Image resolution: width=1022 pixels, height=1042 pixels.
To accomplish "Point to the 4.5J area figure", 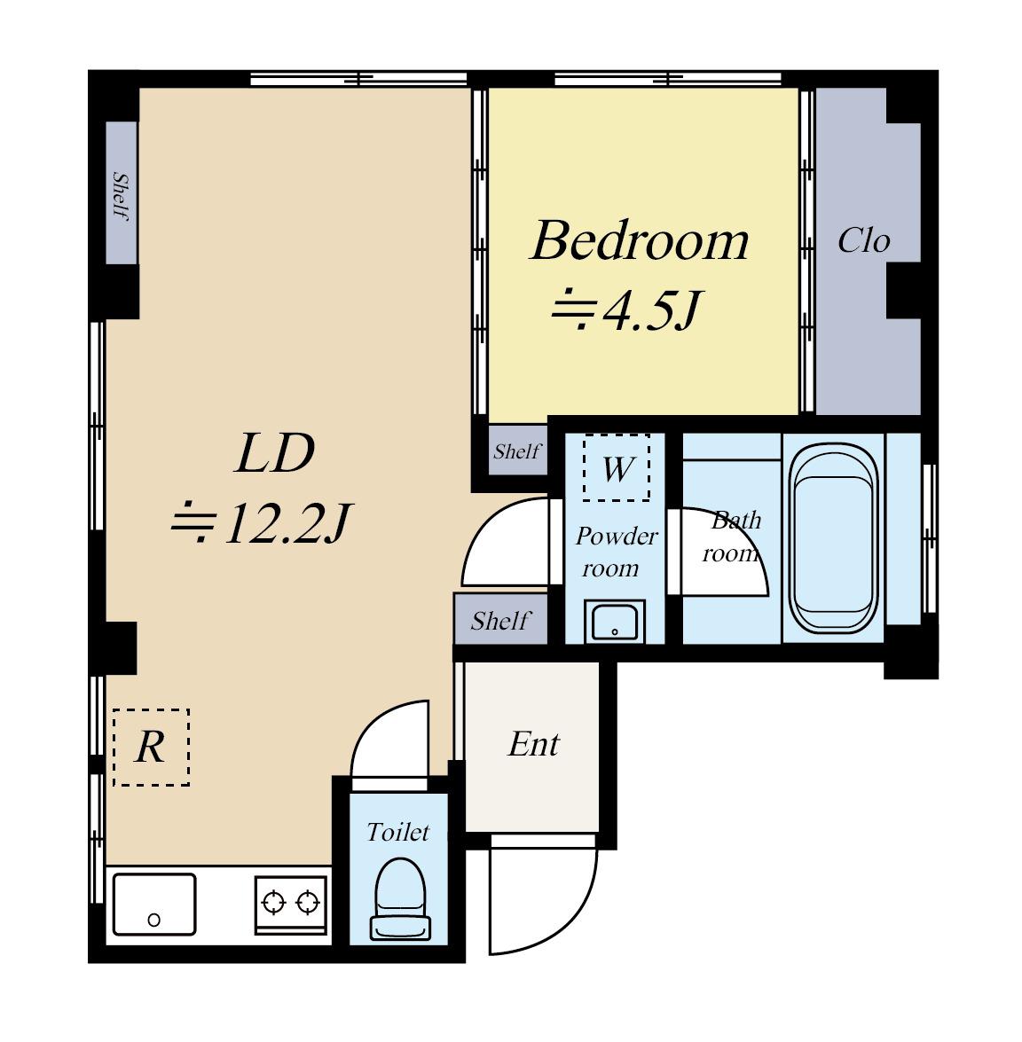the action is pos(651,310).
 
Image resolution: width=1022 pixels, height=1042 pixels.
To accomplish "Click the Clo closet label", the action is pos(863,240).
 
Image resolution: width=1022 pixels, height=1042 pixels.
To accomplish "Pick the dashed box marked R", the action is pos(152,748).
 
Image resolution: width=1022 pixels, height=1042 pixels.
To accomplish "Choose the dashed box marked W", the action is pos(617,468).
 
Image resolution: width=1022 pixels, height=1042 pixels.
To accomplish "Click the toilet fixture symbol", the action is pos(399,899).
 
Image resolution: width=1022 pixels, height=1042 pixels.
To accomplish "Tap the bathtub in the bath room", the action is pos(833,538).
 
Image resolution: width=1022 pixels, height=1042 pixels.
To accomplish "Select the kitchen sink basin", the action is pos(154,905).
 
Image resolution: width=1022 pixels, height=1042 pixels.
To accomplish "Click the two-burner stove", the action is pos(291,905).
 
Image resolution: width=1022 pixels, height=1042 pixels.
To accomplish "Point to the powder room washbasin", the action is pos(615,622).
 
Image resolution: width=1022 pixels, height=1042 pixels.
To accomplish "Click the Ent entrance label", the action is pos(533,744).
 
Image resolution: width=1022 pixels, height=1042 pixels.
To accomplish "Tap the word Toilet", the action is pos(398,832).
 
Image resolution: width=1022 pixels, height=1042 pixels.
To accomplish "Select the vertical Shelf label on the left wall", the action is pos(121,196).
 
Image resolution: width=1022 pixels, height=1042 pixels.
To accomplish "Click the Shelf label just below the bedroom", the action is pos(516,451).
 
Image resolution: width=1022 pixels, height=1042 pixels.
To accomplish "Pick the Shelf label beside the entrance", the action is pos(500,621).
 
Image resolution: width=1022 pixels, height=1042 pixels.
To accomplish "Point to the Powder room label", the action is pos(617,552).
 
